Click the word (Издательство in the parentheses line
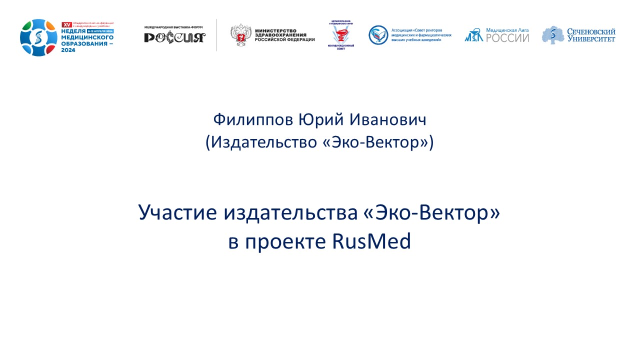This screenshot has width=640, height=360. pyautogui.click(x=260, y=143)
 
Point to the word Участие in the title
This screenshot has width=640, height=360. pyautogui.click(x=177, y=213)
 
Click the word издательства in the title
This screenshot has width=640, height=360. pyautogui.click(x=289, y=213)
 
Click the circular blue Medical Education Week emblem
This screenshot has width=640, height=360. pyautogui.click(x=39, y=38)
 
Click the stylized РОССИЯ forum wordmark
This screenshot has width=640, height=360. pyautogui.click(x=174, y=37)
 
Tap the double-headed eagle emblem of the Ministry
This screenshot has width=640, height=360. pyautogui.click(x=240, y=35)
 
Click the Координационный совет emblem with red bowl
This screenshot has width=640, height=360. pyautogui.click(x=341, y=36)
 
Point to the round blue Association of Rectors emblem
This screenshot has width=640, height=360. pyautogui.click(x=378, y=34)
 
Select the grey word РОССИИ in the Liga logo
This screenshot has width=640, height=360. pyautogui.click(x=507, y=38)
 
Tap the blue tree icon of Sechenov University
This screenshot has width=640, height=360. pyautogui.click(x=552, y=35)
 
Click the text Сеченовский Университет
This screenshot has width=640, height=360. pyautogui.click(x=590, y=35)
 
